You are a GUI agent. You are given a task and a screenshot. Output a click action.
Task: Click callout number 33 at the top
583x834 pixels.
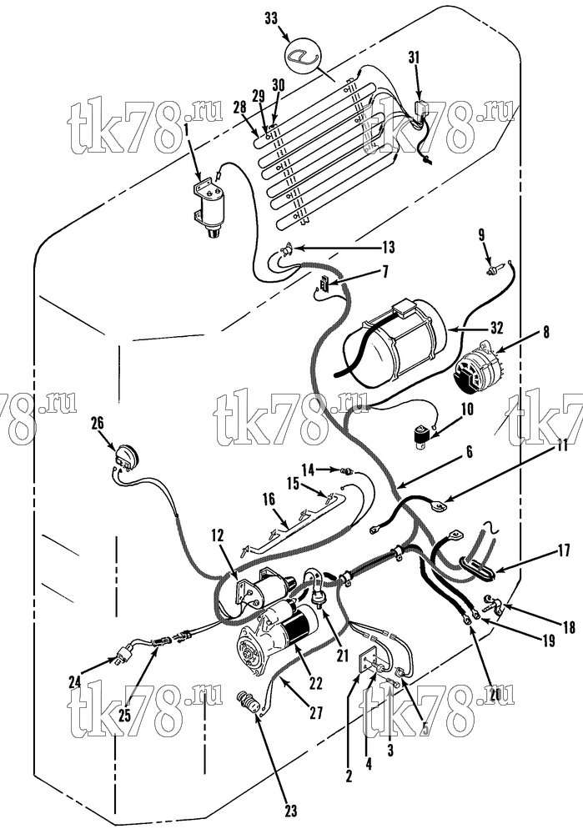(271, 18)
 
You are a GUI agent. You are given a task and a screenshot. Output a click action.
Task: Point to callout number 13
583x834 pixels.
(389, 247)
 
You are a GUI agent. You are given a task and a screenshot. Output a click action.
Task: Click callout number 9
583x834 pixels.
(481, 234)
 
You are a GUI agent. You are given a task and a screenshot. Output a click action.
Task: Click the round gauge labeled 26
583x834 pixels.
(128, 458)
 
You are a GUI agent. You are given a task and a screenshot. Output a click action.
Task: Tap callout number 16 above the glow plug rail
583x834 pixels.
(269, 499)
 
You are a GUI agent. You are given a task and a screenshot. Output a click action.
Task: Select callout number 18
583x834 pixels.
(569, 628)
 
